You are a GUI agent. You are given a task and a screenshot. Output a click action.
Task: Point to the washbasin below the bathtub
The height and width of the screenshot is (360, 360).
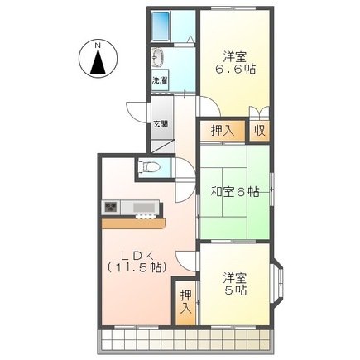pyautogui.click(x=158, y=60)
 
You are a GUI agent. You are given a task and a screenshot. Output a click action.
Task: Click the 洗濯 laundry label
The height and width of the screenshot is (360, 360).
pyautogui.click(x=159, y=81)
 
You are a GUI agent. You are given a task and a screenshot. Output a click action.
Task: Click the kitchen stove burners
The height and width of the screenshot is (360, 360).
pyautogui.click(x=111, y=207)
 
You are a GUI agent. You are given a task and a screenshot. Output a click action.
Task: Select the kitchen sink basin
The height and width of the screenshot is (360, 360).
pyautogui.click(x=142, y=207)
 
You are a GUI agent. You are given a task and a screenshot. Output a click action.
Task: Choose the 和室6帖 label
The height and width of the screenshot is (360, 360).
pyautogui.click(x=234, y=192)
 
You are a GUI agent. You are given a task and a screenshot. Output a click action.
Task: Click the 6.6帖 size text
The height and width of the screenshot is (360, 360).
pyautogui.click(x=236, y=70)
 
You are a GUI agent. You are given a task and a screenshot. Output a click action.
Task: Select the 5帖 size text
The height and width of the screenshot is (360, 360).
pyautogui.click(x=235, y=290)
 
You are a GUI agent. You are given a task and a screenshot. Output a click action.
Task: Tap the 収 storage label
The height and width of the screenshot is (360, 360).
pyautogui.click(x=260, y=130)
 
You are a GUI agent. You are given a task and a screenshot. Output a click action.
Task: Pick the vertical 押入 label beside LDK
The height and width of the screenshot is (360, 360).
pyautogui.click(x=186, y=302)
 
